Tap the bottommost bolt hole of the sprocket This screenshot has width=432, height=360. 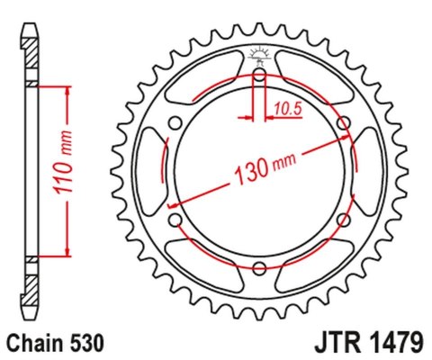pos(259,267)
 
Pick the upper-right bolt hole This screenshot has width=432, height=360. pos(343,123)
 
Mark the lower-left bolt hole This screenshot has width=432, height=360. pos(175,220)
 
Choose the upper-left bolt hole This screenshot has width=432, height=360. pos(175,123)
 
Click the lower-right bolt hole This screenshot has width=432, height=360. pos(343,220)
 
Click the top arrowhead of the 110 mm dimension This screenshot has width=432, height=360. pos(67,91)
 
